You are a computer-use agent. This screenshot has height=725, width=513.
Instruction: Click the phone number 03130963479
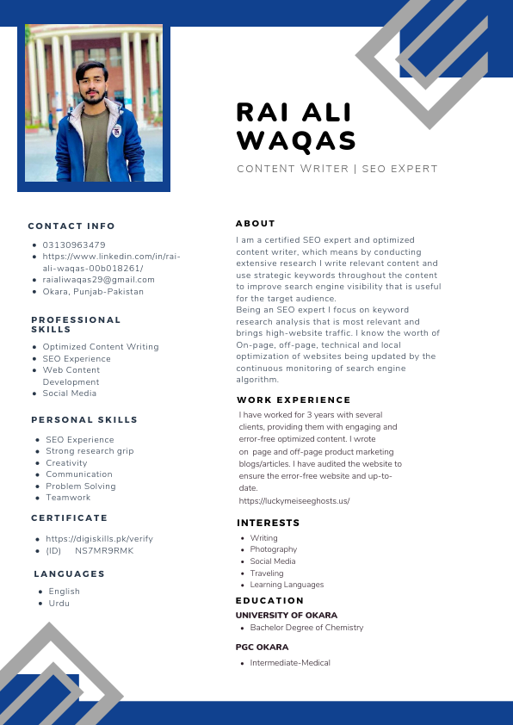74,245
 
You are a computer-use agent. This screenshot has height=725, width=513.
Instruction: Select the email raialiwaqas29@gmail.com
99,280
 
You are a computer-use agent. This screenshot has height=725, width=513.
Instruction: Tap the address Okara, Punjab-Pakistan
93,291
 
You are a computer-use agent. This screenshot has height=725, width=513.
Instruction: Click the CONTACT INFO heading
71,226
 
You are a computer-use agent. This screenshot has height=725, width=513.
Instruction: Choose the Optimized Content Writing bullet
101,346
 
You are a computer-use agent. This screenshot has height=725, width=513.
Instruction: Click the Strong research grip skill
90,450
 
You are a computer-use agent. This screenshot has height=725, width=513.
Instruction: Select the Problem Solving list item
81,486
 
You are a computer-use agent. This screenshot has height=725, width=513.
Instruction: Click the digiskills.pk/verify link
99,538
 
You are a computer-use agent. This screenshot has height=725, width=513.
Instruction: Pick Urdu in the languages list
59,603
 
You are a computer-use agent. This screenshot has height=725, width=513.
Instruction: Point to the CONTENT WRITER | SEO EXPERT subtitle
337,169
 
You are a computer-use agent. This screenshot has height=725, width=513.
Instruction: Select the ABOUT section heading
256,223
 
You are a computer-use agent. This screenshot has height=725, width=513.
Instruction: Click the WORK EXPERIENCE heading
294,400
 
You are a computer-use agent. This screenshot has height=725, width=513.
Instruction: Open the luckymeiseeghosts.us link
294,500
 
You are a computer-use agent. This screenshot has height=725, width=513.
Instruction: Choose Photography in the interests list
274,549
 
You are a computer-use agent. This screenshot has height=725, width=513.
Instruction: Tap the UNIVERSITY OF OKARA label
287,616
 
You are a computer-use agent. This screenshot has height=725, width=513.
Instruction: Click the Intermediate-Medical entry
290,662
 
